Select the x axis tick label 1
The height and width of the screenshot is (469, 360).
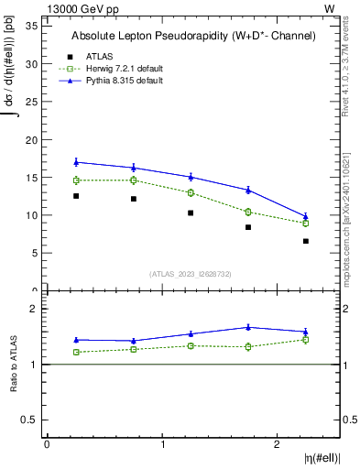[x=162, y=444]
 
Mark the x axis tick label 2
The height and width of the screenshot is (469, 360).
[x=278, y=444]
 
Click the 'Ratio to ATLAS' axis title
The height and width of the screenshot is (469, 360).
[x=13, y=364]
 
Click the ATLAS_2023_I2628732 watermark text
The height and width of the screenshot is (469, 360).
[x=191, y=273]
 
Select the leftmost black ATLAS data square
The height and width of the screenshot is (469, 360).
[x=76, y=196]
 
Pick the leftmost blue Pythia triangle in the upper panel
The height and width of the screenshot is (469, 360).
[x=76, y=162]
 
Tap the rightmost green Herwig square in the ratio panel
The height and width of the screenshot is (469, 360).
[x=306, y=340]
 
